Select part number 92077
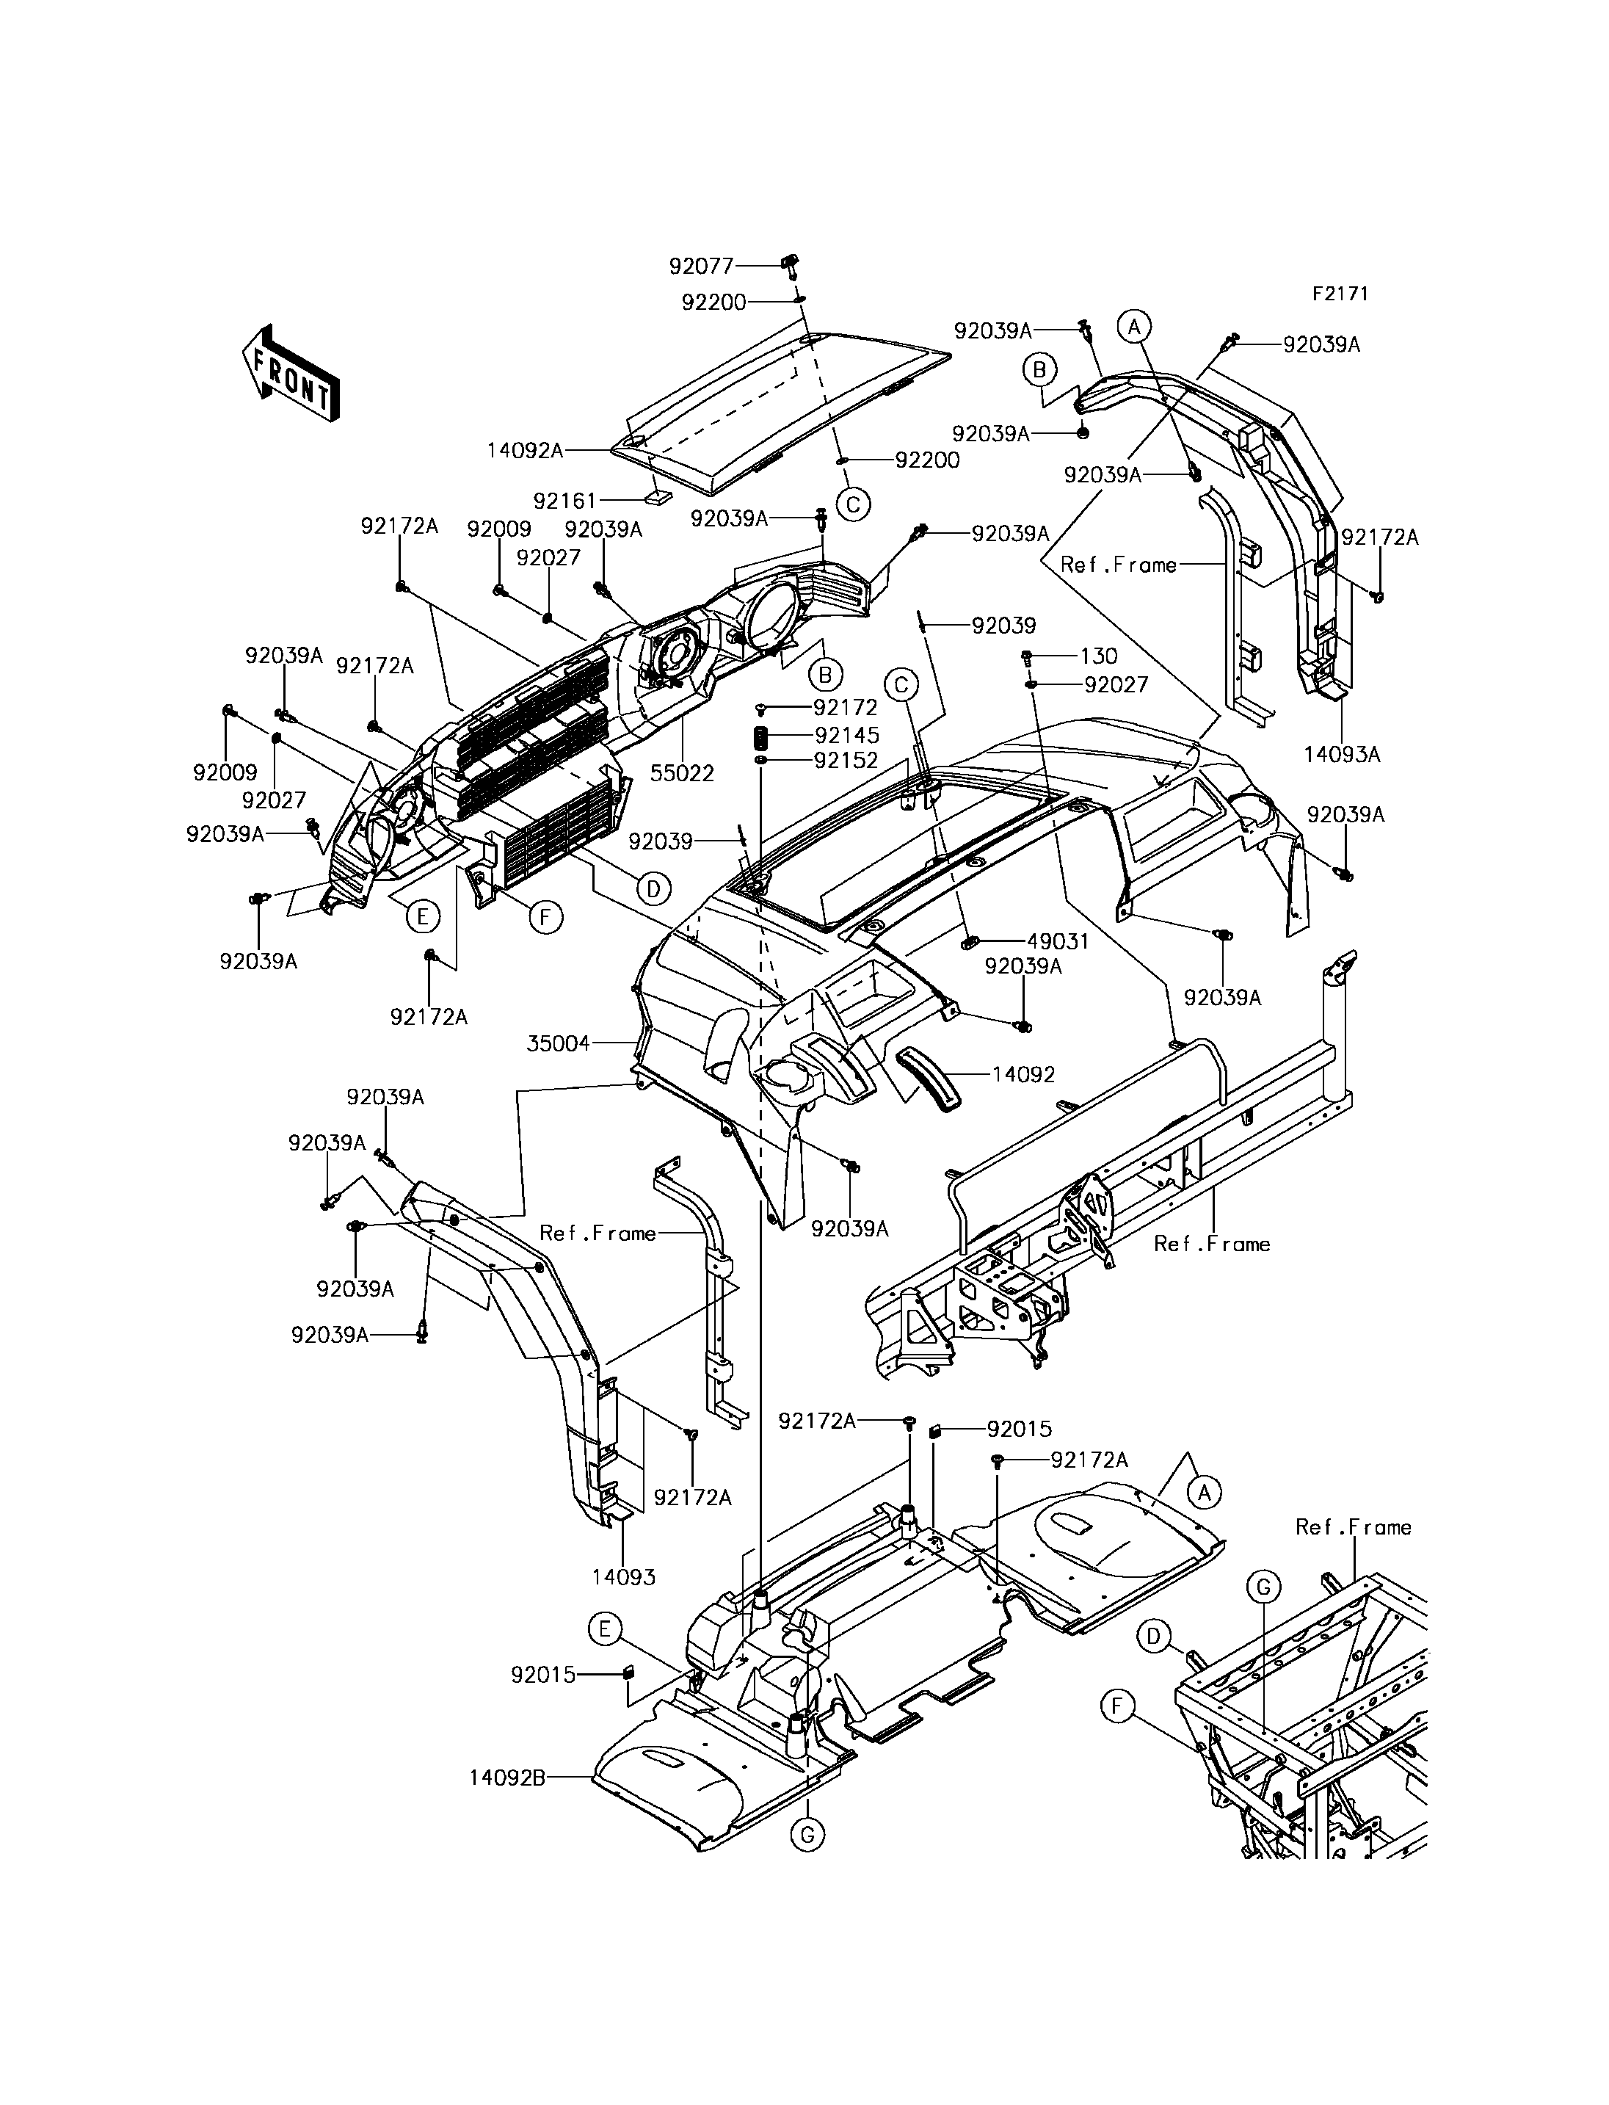point(701,267)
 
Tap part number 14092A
point(526,449)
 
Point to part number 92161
point(565,500)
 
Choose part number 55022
point(682,773)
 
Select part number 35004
point(559,1043)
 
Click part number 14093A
point(1342,755)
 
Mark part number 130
point(1099,656)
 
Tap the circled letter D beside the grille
point(653,889)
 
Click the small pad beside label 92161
point(656,497)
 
